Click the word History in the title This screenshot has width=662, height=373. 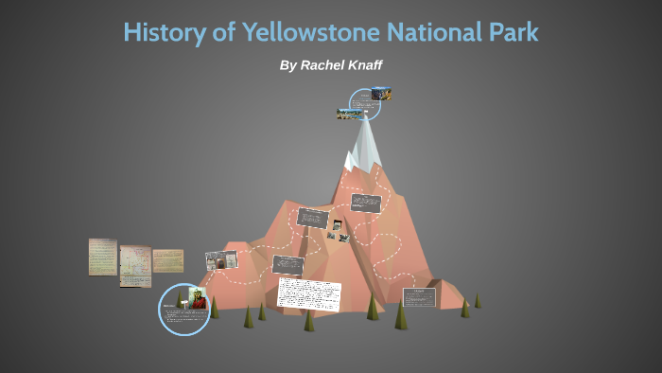pyautogui.click(x=162, y=32)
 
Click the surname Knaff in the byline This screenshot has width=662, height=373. pyautogui.click(x=360, y=65)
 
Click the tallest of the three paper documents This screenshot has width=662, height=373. pyautogui.click(x=103, y=257)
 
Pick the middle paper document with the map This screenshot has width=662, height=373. pyautogui.click(x=135, y=266)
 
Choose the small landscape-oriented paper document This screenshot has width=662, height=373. pyautogui.click(x=168, y=260)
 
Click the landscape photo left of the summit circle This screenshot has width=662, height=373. pyautogui.click(x=349, y=114)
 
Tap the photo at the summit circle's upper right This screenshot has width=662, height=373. pyautogui.click(x=382, y=94)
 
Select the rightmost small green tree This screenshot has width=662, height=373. pyautogui.click(x=478, y=300)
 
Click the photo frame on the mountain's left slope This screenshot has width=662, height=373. pyautogui.click(x=217, y=259)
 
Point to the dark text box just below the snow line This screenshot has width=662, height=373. pyautogui.click(x=365, y=203)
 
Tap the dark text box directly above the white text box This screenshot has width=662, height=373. pyautogui.click(x=287, y=264)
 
